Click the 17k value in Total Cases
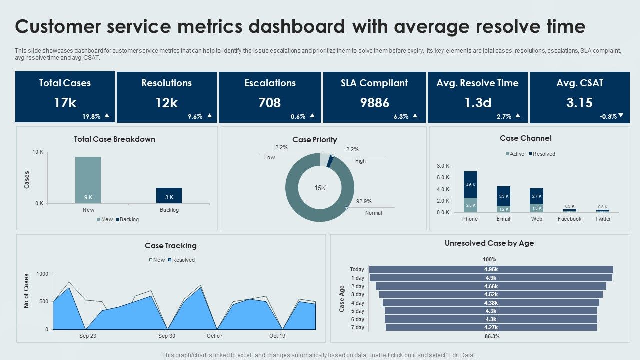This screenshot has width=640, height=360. tap(65, 103)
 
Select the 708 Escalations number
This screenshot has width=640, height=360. tap(269, 103)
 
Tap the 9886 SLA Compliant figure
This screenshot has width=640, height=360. tap(374, 103)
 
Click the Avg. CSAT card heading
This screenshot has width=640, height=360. tap(579, 83)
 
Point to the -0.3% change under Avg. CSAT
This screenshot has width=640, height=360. tap(608, 116)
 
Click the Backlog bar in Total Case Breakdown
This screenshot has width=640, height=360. tap(169, 195)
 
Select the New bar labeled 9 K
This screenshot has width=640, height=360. tap(88, 180)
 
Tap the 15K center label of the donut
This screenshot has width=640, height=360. tap(320, 188)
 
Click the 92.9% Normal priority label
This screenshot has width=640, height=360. tap(363, 201)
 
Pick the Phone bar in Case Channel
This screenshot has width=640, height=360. tap(470, 192)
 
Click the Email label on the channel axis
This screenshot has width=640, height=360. tap(503, 219)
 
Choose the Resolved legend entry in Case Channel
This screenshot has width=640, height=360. tap(543, 154)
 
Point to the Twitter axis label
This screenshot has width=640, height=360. tap(602, 219)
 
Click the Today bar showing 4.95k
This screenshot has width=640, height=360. tap(491, 269)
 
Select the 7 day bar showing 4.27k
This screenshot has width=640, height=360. tap(491, 327)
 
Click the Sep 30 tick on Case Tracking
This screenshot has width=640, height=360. tap(166, 336)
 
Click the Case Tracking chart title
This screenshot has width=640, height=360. tap(171, 246)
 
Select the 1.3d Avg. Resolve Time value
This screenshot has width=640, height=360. tap(478, 103)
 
